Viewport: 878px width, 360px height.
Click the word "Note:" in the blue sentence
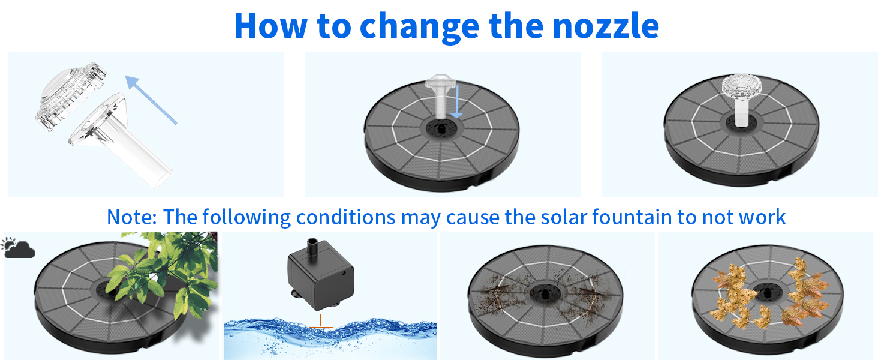[x=132, y=217]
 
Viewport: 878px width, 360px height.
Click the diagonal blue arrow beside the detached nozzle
[x=151, y=100]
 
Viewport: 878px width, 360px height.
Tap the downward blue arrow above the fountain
[x=456, y=101]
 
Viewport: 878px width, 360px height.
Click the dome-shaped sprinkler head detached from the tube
[x=71, y=95]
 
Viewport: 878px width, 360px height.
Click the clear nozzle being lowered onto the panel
[x=441, y=95]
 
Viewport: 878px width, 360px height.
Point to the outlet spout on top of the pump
[x=313, y=246]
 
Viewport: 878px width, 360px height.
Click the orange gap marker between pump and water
[x=321, y=320]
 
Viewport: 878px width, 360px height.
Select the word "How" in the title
[x=271, y=26]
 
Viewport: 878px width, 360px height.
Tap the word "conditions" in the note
[x=345, y=217]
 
